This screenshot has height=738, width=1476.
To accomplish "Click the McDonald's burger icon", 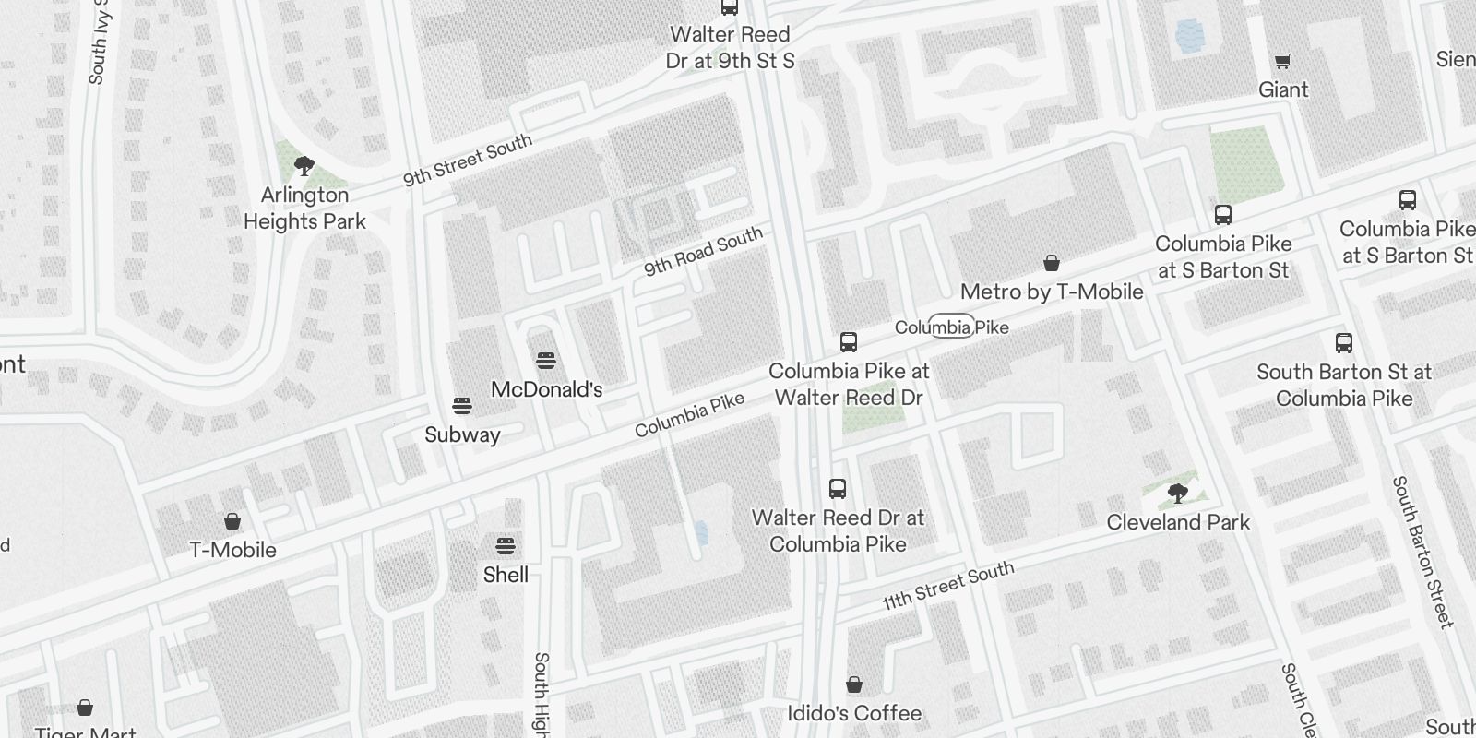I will point(546,360).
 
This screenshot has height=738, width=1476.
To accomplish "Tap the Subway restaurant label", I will point(462,434).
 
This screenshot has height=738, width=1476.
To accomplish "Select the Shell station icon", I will point(506,545).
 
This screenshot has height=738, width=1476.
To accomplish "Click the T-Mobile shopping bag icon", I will point(232,521).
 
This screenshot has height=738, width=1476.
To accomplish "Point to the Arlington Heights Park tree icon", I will point(304,166).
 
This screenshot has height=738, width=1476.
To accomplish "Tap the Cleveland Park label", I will point(1178,522).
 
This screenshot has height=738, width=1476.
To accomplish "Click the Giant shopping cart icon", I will point(1282,62).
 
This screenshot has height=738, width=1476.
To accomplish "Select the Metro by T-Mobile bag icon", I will point(1051,264).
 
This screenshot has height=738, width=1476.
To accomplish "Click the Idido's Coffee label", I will point(854,713).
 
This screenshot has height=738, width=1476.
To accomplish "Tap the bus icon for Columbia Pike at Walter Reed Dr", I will point(849,342).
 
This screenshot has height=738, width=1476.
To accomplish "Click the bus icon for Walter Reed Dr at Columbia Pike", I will point(838,489).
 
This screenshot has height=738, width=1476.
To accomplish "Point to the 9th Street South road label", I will point(468,160).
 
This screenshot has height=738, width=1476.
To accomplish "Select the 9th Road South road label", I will point(703,251).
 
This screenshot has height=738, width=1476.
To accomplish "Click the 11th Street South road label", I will point(947,586).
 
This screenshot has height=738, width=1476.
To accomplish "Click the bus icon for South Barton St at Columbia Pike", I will point(1344,343).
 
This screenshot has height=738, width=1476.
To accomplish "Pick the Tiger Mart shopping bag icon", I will point(85,708).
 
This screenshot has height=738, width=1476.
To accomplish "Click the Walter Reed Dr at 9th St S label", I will point(730,48).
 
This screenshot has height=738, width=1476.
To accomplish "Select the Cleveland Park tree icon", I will point(1176,493).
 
